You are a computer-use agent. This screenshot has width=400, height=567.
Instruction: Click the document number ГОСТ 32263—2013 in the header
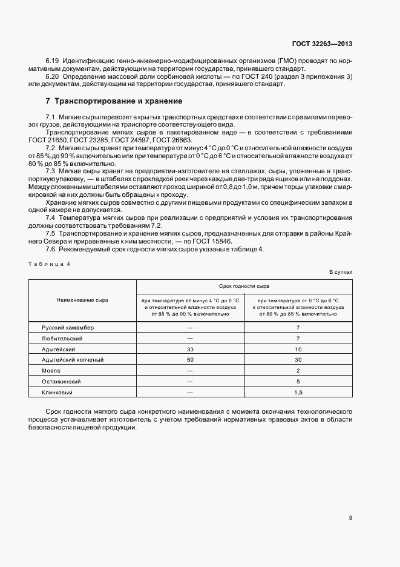point(322,44)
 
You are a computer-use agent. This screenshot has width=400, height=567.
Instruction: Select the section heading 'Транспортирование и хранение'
point(114,101)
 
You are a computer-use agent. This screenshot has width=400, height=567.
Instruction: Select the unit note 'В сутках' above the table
point(341,272)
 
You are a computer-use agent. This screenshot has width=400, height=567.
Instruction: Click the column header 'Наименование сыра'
point(82,300)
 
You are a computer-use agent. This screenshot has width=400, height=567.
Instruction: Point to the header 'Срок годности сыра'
point(244,285)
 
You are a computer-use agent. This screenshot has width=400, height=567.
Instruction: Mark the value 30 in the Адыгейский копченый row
point(298,360)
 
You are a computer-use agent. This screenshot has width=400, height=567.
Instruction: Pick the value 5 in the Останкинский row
point(298,382)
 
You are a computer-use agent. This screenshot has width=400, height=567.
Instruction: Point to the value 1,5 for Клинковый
point(298,393)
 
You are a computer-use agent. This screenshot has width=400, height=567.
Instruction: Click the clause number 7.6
point(51,250)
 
